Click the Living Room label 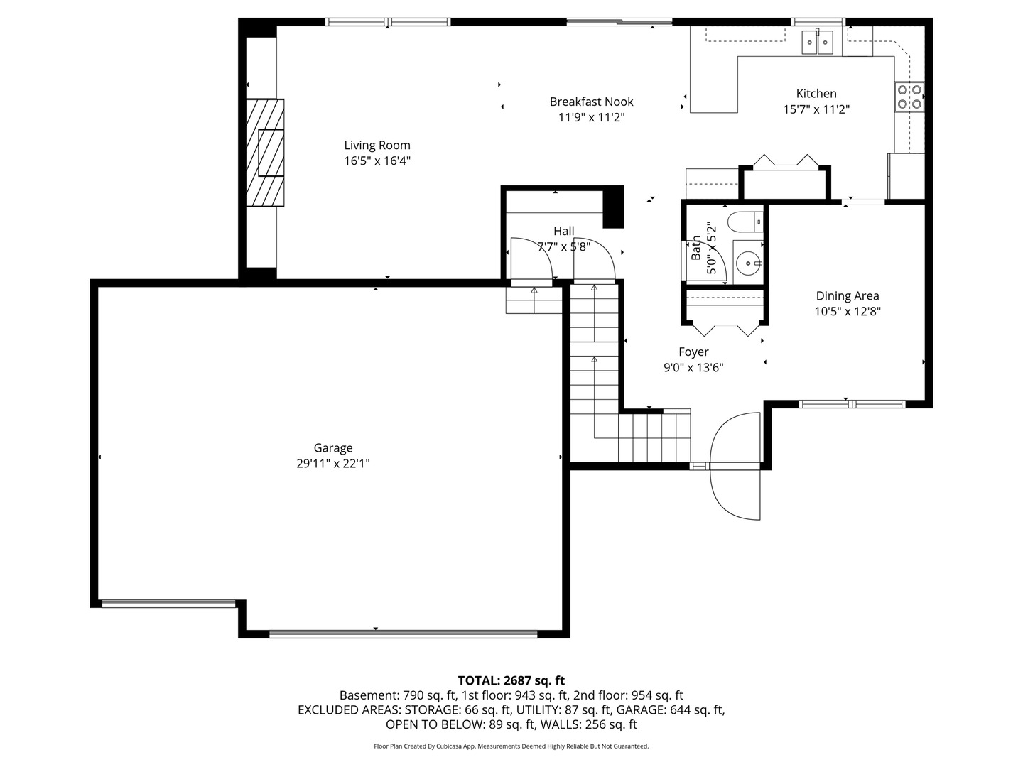click(377, 145)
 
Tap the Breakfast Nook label click(591, 102)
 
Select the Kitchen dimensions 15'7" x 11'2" click(816, 109)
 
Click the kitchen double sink click(817, 43)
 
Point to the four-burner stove click(909, 97)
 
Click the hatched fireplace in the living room click(265, 152)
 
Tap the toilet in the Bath click(745, 222)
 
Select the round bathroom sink click(747, 263)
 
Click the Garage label click(332, 448)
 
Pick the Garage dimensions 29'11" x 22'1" click(332, 463)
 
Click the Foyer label click(693, 352)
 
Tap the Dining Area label click(848, 295)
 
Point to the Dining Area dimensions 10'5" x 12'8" click(848, 311)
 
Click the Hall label click(563, 231)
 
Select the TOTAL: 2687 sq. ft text click(511, 680)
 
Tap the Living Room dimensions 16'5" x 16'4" click(377, 161)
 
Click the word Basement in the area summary click(368, 695)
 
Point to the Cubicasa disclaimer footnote click(511, 746)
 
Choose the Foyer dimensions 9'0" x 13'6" click(693, 368)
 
